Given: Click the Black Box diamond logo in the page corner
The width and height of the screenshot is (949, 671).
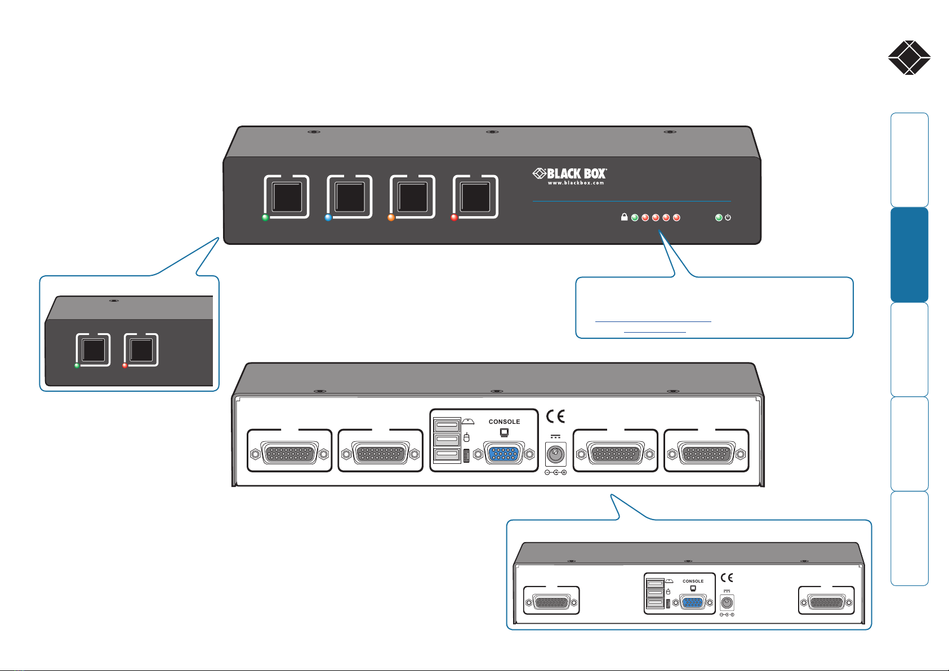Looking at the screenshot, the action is tap(909, 57).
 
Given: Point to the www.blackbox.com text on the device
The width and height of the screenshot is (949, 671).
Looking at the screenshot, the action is tap(576, 183).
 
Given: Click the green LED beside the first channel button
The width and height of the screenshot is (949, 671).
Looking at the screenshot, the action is tap(265, 218).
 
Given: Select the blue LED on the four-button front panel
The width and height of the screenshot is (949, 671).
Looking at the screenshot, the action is tap(328, 218).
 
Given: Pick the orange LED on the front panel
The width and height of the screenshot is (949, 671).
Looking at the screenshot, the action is tap(391, 218).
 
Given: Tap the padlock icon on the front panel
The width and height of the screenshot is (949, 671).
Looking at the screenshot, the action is tap(624, 217).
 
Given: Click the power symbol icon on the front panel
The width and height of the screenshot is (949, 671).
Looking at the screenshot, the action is tap(728, 217).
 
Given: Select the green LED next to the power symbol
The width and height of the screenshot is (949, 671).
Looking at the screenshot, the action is tap(719, 218).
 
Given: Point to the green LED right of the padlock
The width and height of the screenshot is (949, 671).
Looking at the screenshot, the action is tap(635, 218).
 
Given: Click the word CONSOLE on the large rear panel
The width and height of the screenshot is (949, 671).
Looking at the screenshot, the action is tap(504, 422).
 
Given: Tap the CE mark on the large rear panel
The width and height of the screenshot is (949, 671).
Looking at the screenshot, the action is tap(555, 417).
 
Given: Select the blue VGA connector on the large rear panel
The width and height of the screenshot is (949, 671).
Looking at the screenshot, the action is tap(504, 454).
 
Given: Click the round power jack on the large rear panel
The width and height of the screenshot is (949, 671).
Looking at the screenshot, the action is tap(555, 455).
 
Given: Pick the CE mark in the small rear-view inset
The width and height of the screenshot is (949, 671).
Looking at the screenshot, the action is tap(727, 578).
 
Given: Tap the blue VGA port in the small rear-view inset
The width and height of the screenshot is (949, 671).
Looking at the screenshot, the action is tap(693, 602).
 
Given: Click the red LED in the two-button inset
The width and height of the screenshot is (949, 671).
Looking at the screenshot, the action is tap(124, 365).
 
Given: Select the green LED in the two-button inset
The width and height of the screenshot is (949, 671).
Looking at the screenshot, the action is tap(77, 365).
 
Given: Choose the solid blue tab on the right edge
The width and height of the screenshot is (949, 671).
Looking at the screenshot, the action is tap(909, 254).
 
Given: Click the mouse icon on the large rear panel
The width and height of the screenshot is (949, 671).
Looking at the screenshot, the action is tap(466, 437).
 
